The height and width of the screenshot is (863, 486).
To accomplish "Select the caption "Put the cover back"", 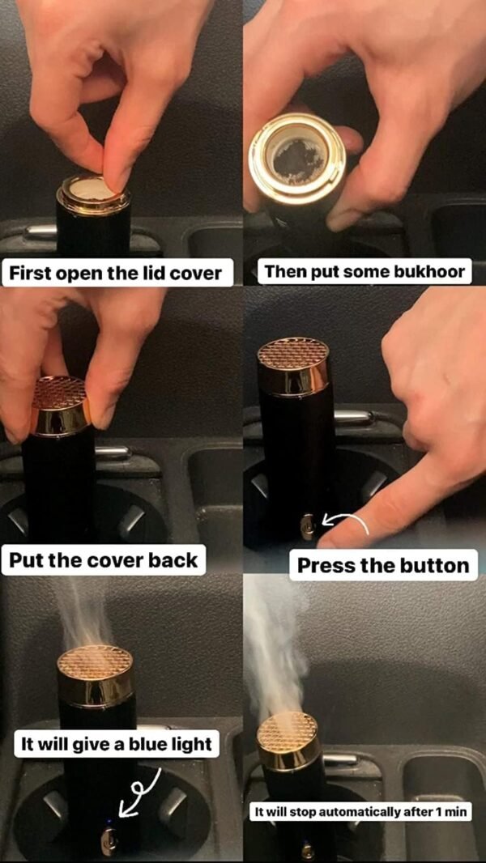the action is click(x=104, y=559).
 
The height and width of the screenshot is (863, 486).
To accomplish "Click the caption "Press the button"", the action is click(x=383, y=565).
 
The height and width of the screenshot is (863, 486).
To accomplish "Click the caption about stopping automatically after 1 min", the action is click(x=360, y=812).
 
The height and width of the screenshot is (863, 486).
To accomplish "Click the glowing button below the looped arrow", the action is click(x=109, y=839).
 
